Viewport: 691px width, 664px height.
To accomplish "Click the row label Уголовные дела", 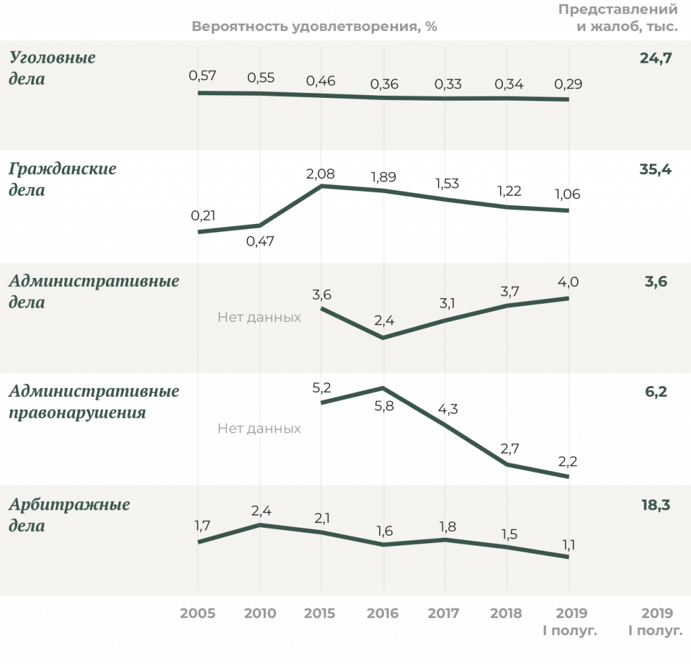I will click(x=52, y=68).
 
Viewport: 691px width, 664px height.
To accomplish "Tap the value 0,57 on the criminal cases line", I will click(x=202, y=76).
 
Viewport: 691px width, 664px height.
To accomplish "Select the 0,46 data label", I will click(x=321, y=81).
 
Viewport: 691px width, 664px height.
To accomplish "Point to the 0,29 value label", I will click(x=568, y=84).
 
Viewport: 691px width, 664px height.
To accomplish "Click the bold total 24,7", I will click(x=656, y=58).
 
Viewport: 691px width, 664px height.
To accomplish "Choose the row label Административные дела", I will click(x=94, y=291).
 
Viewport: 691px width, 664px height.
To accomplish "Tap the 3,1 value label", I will click(x=446, y=304).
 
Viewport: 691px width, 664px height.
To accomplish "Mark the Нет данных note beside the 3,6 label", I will click(x=259, y=317).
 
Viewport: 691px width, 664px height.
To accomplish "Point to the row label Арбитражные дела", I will click(x=69, y=514).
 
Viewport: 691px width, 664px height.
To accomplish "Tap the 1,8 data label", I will click(x=446, y=526).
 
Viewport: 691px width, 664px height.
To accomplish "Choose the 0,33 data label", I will click(x=447, y=84).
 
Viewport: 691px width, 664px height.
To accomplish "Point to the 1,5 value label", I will click(x=507, y=534).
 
